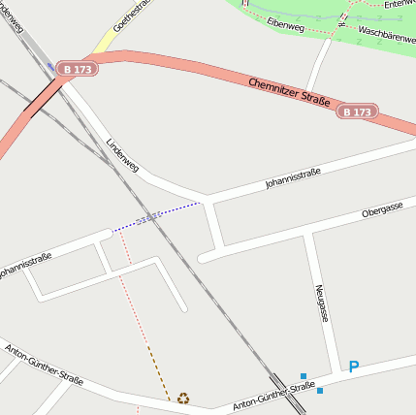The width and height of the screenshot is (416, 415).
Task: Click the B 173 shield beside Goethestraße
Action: tap(77, 69)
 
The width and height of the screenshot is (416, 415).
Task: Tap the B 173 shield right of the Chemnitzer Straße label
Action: tap(356, 112)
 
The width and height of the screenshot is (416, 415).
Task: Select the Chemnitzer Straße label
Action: tap(289, 93)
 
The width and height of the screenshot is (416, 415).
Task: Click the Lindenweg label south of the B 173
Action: tap(122, 154)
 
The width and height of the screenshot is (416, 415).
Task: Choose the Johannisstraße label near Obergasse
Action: tap(292, 177)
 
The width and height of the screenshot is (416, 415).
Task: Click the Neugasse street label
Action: tap(322, 303)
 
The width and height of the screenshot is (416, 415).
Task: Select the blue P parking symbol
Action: tap(354, 367)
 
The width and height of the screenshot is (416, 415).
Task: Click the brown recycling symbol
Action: tap(182, 398)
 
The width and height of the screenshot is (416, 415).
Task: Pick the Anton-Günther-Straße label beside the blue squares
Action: tap(273, 396)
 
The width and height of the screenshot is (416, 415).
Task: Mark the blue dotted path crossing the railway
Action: tap(155, 216)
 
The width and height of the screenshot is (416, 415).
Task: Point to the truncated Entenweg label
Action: tap(399, 4)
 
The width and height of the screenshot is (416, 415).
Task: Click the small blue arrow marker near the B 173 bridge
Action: tap(50, 66)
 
